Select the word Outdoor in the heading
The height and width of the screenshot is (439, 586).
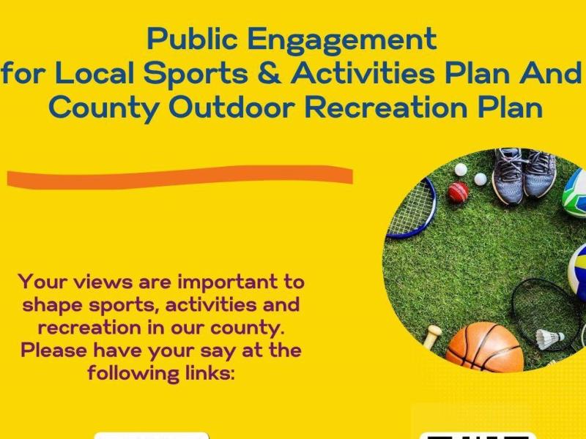tap(233, 108)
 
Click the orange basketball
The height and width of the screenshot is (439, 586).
tap(484, 347)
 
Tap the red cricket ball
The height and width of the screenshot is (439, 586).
tap(459, 192)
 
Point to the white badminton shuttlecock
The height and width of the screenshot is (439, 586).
tap(549, 339)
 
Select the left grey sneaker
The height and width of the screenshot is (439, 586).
tap(508, 176)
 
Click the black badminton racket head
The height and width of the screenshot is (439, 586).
tap(542, 307)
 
